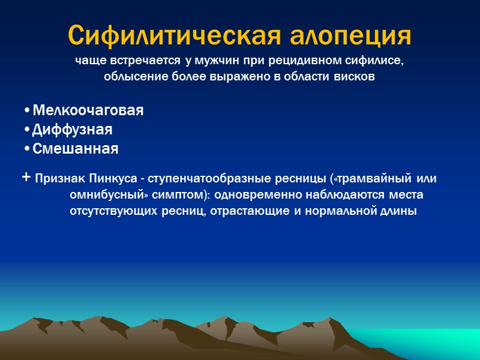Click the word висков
pyautogui.click(x=358, y=77)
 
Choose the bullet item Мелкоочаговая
pyautogui.click(x=88, y=111)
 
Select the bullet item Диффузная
pyautogui.click(x=72, y=130)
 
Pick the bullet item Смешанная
pyautogui.click(x=75, y=148)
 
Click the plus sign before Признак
pyautogui.click(x=26, y=178)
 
